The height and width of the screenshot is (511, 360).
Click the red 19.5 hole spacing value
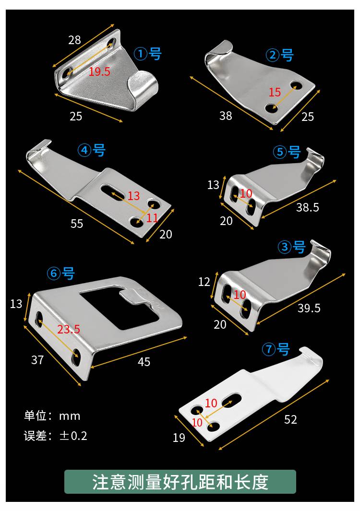[x=99, y=71]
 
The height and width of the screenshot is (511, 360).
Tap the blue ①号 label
[x=148, y=53]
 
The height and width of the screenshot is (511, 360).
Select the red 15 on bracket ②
[x=275, y=92]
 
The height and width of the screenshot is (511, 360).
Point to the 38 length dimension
[x=226, y=115]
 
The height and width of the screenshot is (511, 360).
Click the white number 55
[x=77, y=224]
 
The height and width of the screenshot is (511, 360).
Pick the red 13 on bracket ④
[x=134, y=196]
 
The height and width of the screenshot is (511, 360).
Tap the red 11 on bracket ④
[x=152, y=218]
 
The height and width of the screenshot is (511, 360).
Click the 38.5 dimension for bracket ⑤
[x=307, y=207]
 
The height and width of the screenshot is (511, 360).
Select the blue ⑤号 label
[x=287, y=152]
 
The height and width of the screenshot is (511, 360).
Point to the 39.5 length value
[x=309, y=308]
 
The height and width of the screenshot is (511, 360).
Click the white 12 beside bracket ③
[x=204, y=282]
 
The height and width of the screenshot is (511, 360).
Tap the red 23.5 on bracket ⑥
[x=69, y=329]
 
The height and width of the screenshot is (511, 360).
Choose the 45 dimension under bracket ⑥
[x=144, y=362]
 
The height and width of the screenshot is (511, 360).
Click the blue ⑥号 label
[x=60, y=273]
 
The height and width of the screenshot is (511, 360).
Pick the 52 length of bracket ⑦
[x=290, y=419]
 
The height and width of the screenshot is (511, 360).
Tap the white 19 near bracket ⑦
[x=179, y=437]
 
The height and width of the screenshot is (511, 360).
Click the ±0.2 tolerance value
[x=73, y=436]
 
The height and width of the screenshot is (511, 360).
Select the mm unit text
[x=70, y=416]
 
